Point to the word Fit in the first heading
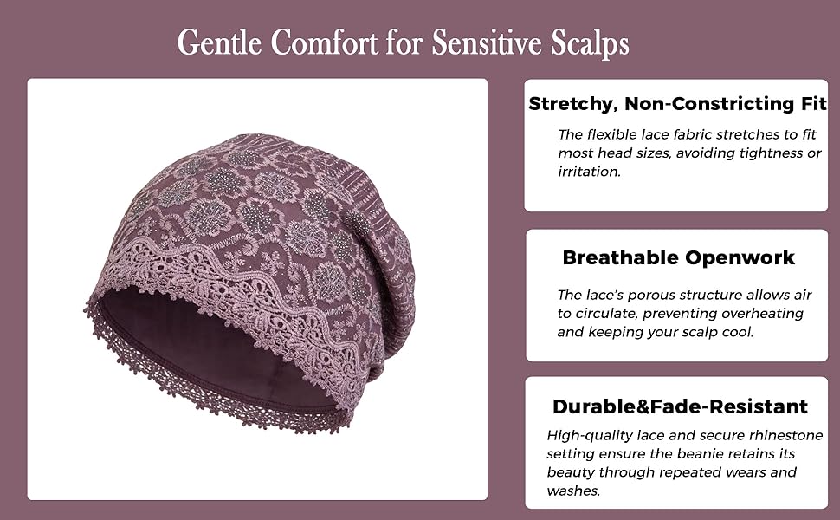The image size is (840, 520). pos(814,103)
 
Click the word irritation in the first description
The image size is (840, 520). pos(589,172)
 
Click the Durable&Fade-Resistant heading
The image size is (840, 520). pos(680,406)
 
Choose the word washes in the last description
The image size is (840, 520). pos(572,491)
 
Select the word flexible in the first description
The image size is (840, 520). pos(609,134)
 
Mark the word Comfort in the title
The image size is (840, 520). pos(324,42)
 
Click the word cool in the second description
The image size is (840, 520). pos(738,333)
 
